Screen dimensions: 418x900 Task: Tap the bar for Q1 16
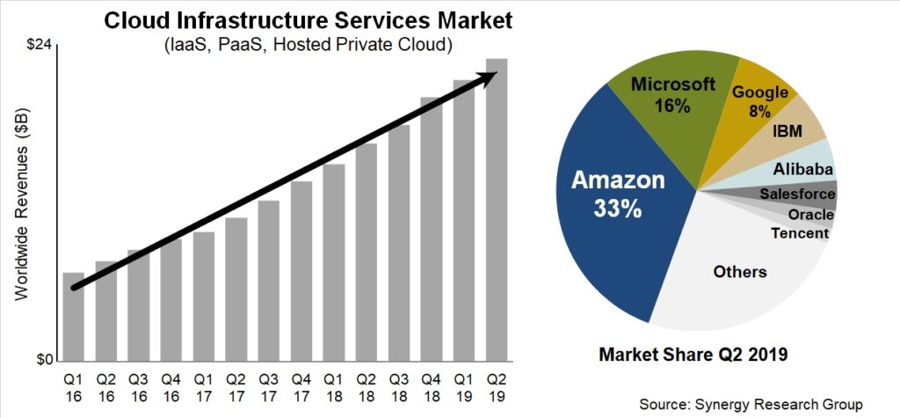[x=74, y=317]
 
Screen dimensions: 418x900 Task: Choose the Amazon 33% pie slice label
[x=619, y=194]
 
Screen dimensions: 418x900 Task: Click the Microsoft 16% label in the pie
[x=672, y=95]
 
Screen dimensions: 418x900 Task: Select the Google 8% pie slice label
[x=759, y=100]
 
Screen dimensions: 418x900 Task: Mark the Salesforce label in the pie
[x=797, y=194]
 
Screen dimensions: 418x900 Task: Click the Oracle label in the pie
[x=810, y=215]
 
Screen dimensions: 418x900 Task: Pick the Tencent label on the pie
[x=799, y=233]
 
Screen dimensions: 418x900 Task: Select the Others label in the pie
[x=739, y=271]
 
